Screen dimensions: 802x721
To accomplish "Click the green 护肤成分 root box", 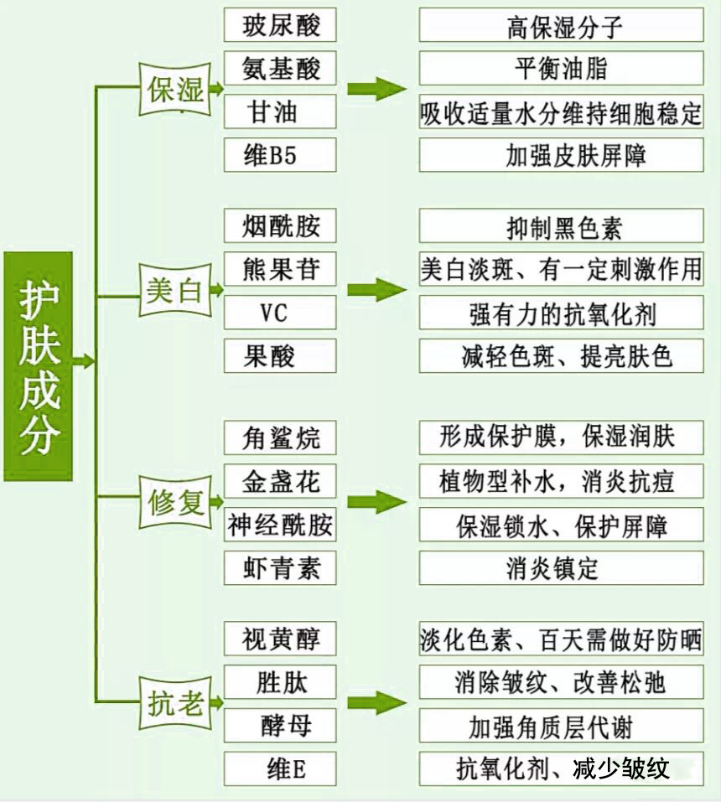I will point(39,365).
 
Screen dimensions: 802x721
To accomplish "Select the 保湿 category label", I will point(176,90).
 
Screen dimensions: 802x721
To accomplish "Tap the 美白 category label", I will point(176,291).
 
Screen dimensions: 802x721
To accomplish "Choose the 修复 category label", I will point(176,504).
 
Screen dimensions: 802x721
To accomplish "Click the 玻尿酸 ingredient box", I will point(280,25).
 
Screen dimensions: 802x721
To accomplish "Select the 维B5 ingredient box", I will point(280,155).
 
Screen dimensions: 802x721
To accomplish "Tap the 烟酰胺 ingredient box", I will point(280,226).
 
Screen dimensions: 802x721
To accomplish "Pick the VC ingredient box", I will point(280,313).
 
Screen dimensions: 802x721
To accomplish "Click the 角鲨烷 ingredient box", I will point(280,437).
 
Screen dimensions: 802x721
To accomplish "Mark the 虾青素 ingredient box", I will point(280,568).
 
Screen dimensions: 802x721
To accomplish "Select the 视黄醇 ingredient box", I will point(280,639).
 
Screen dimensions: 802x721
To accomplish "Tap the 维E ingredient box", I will point(280,768).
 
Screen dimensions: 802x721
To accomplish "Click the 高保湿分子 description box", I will point(561,26).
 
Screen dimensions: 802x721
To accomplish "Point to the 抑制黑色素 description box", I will point(561,226).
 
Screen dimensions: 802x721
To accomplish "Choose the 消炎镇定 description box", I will point(561,568).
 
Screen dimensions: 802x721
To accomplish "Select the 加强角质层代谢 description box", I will point(561,726).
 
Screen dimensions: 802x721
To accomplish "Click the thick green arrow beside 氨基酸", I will point(376,89).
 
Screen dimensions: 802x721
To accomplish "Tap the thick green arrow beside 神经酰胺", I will point(376,502).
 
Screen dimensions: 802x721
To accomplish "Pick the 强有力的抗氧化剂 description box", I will point(561,313).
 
